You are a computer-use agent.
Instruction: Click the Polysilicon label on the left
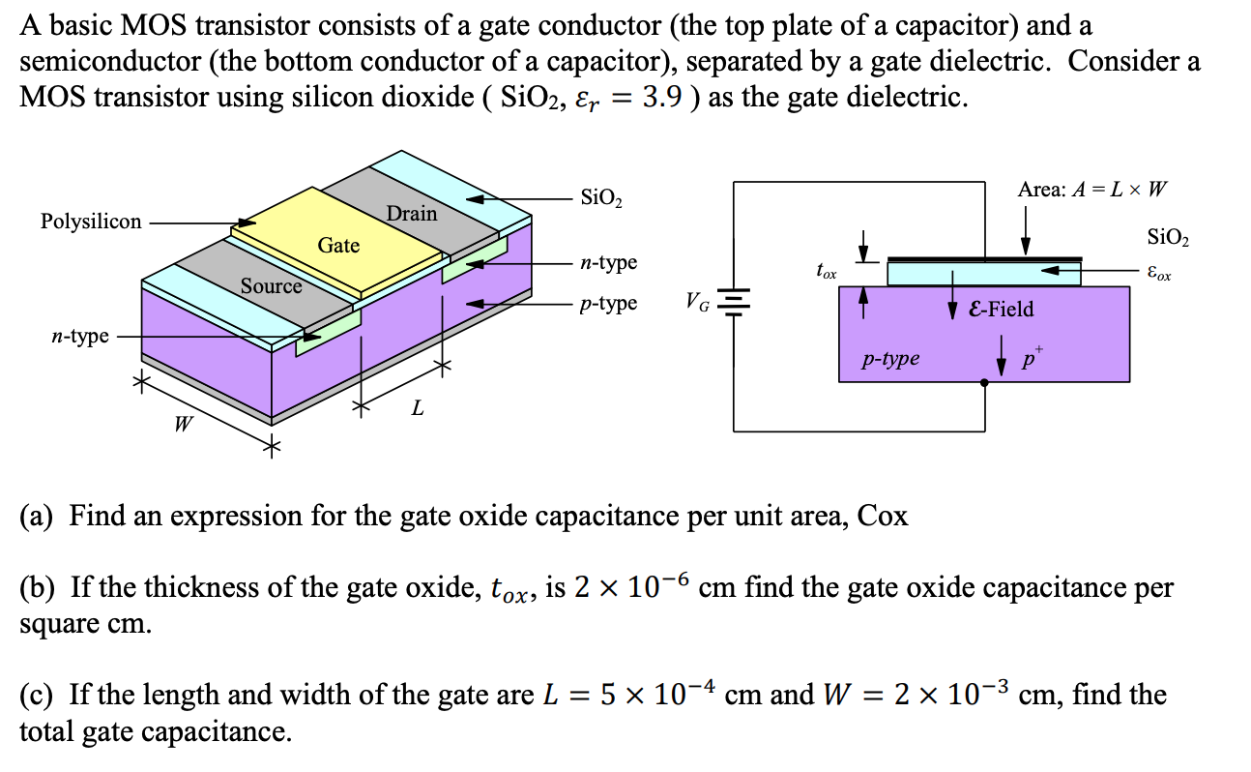coord(91,222)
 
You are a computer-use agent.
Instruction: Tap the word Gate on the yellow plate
coord(338,246)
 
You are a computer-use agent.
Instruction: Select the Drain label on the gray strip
coord(412,213)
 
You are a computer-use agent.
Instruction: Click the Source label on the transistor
coord(271,286)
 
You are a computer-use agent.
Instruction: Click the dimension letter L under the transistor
coord(417,408)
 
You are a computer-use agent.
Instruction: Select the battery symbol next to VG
coord(736,303)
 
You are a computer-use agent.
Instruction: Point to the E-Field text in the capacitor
coord(1002,309)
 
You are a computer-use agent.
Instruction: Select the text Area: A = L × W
coord(1091,190)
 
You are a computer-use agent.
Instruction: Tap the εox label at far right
coord(1158,275)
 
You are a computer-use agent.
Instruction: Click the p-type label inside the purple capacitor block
coord(890,360)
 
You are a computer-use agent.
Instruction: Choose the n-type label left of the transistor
coord(79,337)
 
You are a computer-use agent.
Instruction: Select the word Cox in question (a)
coord(883,516)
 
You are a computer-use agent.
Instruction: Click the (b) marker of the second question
coord(37,587)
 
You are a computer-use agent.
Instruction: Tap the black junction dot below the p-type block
coord(984,382)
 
